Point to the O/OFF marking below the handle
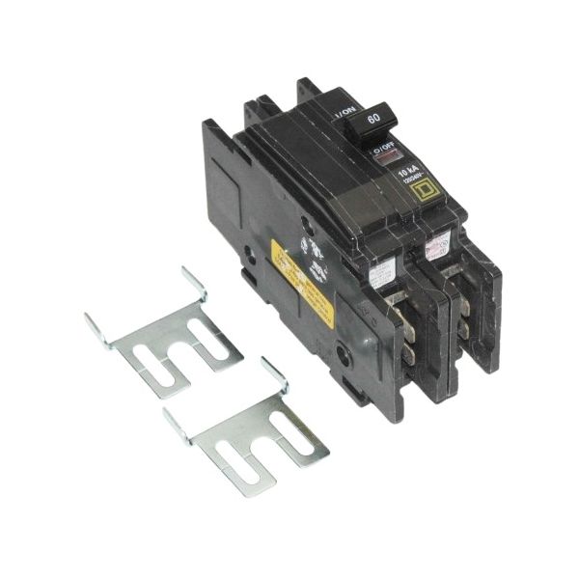click(385, 150)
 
